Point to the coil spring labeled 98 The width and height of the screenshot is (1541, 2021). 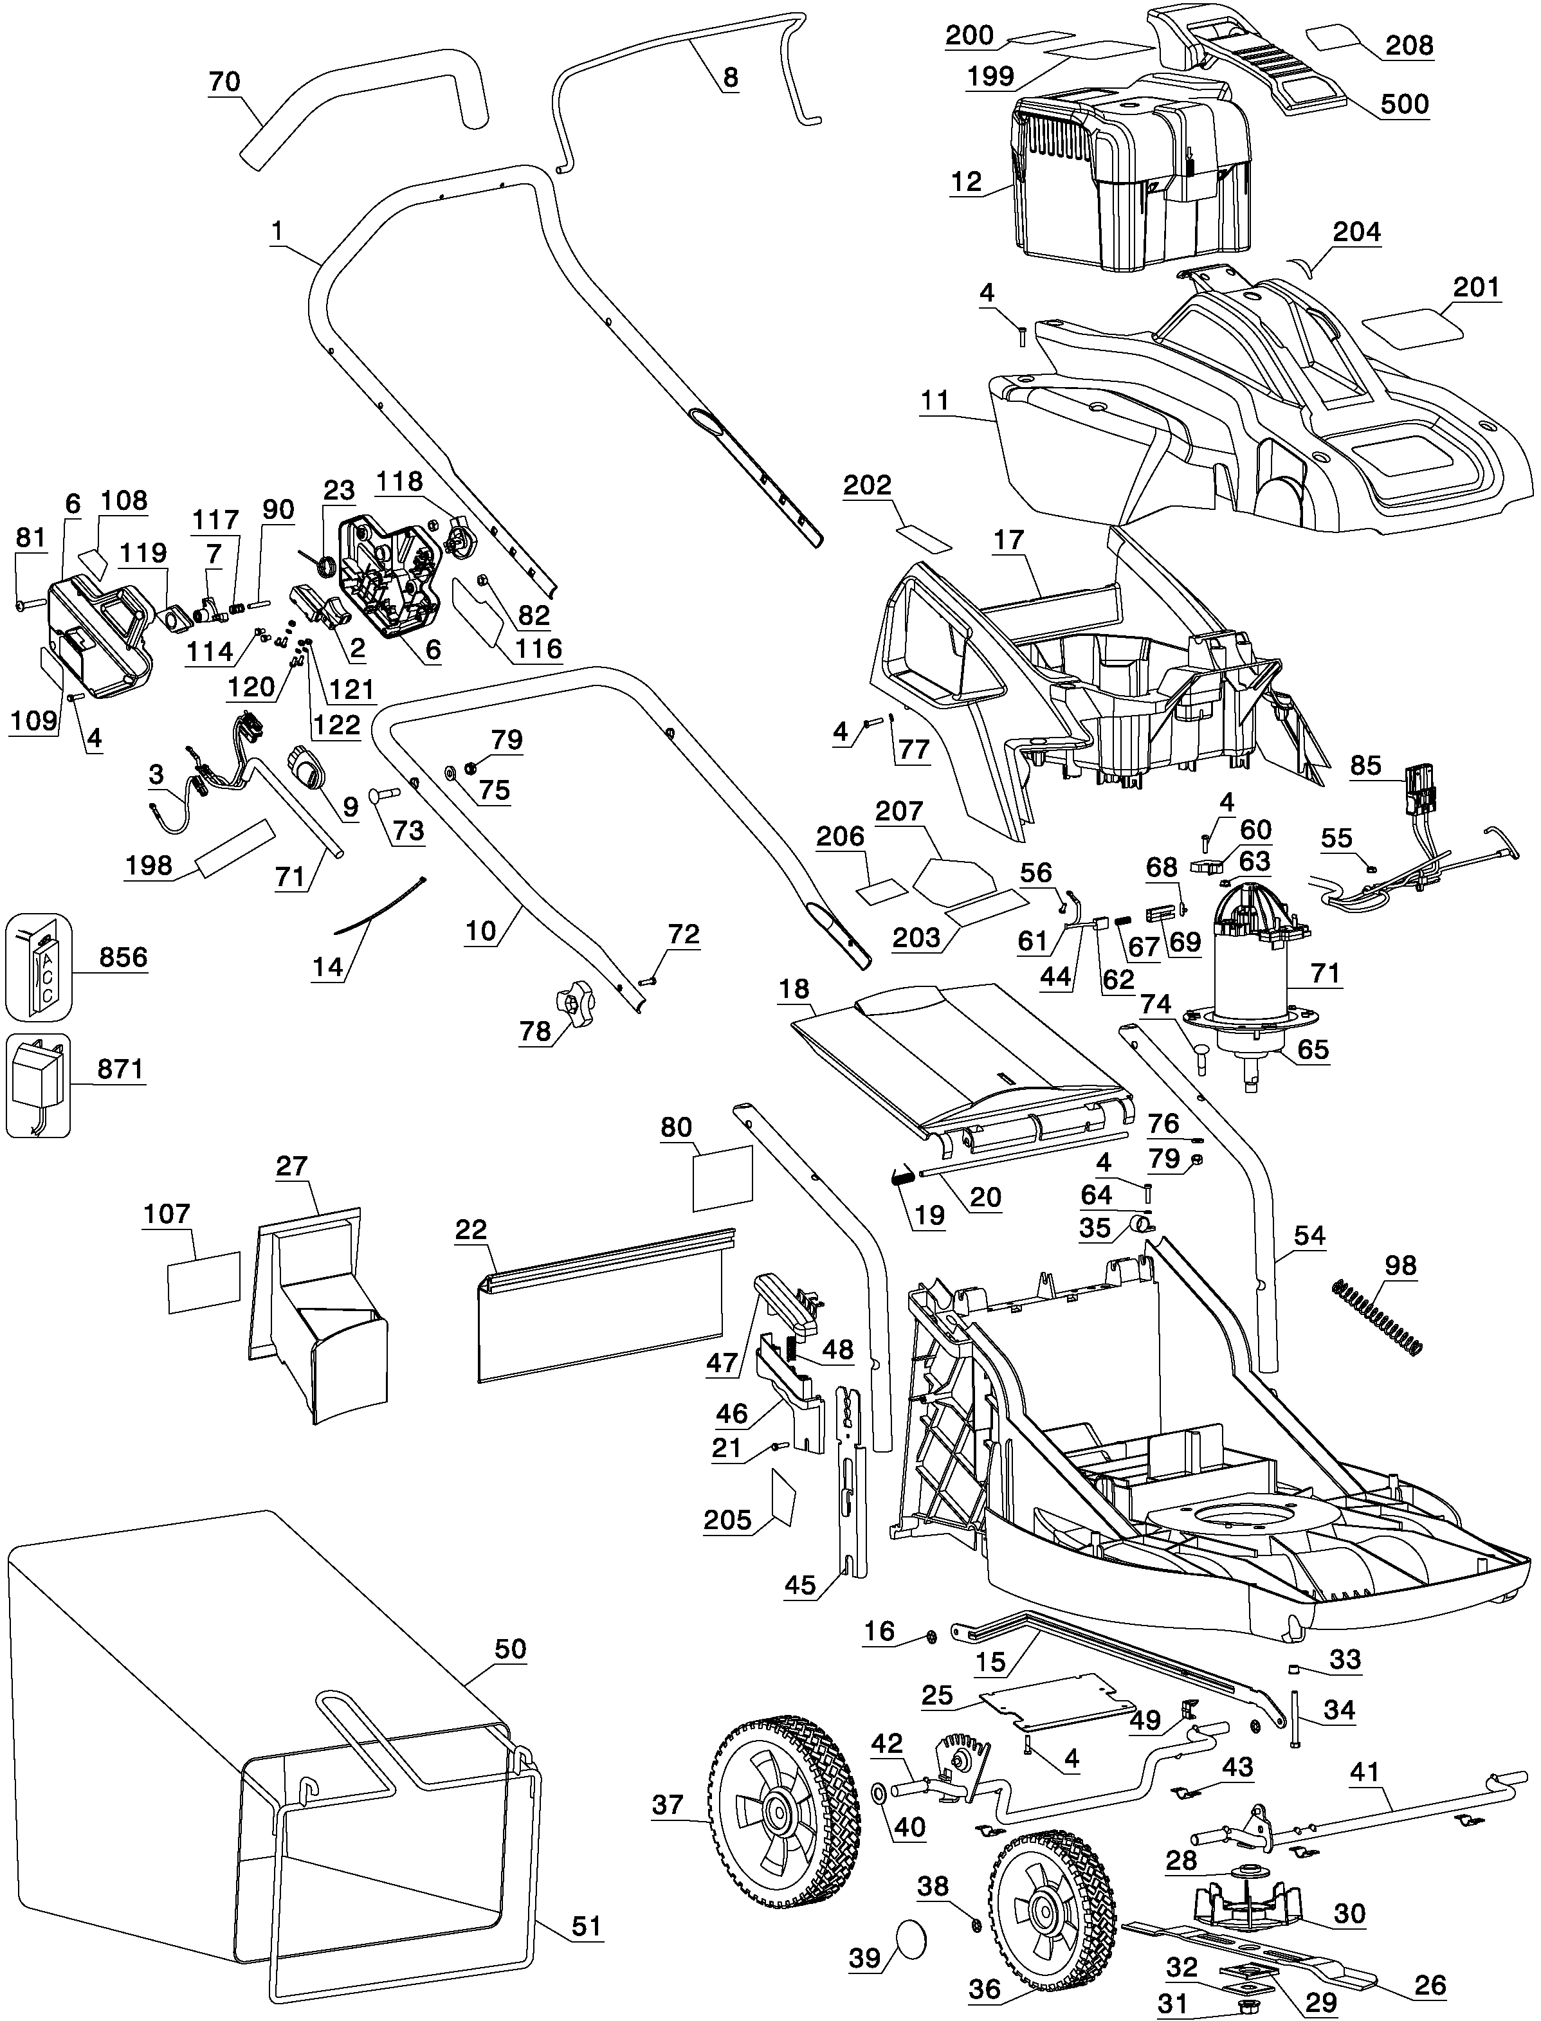(1376, 1319)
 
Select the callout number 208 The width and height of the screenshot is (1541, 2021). (1409, 45)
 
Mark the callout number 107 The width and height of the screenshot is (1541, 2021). (167, 1215)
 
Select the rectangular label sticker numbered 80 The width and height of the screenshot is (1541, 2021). (722, 1178)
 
